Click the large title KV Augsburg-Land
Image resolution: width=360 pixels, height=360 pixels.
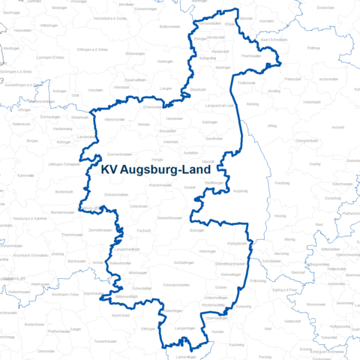pyautogui.click(x=155, y=171)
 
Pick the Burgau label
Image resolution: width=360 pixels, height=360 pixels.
pyautogui.click(x=32, y=140)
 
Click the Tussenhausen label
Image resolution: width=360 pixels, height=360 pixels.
pyautogui.click(x=105, y=340)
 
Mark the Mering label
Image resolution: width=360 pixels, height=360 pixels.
pyautogui.click(x=289, y=239)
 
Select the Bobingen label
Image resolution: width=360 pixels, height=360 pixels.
pyautogui.click(x=196, y=230)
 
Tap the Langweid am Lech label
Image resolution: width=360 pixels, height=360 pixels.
pyautogui.click(x=218, y=106)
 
